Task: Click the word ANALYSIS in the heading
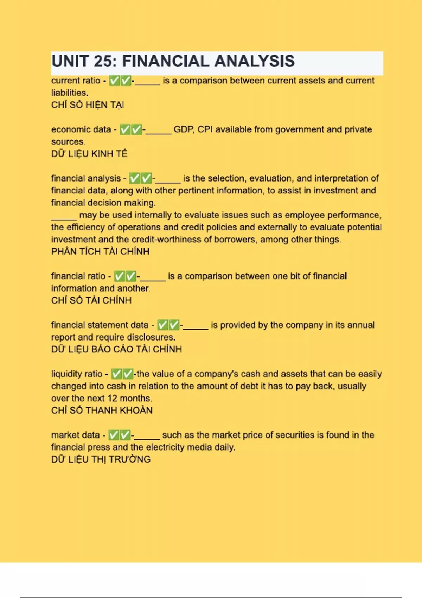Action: coord(254,61)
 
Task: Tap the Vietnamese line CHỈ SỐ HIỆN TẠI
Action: coord(88,105)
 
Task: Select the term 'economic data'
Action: coord(81,129)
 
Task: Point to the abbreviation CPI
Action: coord(205,129)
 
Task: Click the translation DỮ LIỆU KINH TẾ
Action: coord(89,154)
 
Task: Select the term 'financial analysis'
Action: coord(86,178)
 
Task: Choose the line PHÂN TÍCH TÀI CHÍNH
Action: coord(100,252)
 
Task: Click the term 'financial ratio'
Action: coord(78,276)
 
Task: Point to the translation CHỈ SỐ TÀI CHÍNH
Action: coord(91,300)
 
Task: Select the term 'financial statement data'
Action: coord(100,325)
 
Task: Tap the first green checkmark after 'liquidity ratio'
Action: coord(116,374)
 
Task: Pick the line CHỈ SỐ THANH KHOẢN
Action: coord(102,411)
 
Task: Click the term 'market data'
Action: coord(75,435)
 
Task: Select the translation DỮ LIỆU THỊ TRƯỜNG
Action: coord(101,459)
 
